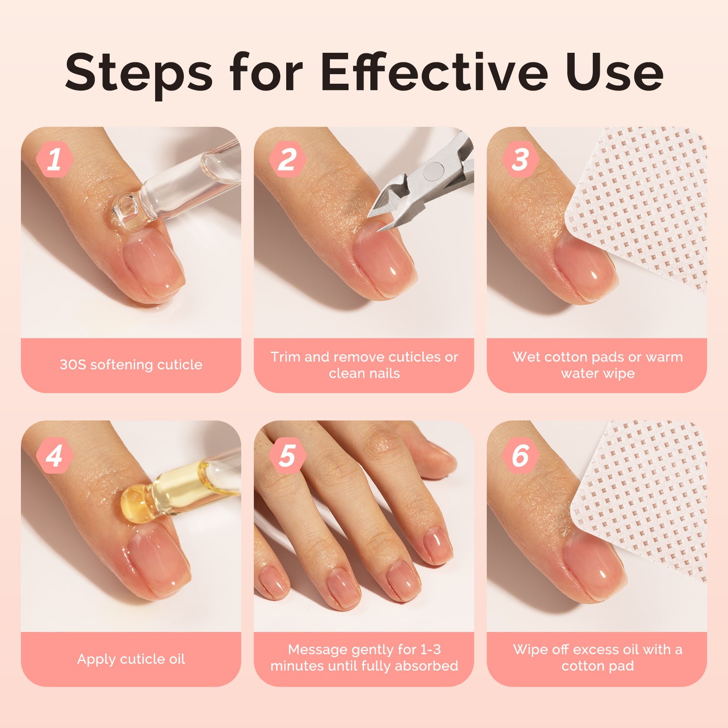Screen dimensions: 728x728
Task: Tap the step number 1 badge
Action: tap(55, 159)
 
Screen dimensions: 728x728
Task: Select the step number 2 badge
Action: tap(287, 159)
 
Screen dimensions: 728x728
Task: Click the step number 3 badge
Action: tap(521, 159)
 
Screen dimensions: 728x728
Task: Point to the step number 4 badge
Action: tap(55, 455)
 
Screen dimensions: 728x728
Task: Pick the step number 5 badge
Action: tap(287, 455)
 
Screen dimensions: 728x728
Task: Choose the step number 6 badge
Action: tap(521, 455)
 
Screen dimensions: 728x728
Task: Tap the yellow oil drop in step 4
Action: tap(135, 504)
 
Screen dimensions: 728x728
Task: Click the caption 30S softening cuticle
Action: tap(131, 364)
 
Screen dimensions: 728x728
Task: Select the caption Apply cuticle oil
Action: tap(131, 659)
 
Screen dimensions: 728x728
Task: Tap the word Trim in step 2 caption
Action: tap(285, 357)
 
